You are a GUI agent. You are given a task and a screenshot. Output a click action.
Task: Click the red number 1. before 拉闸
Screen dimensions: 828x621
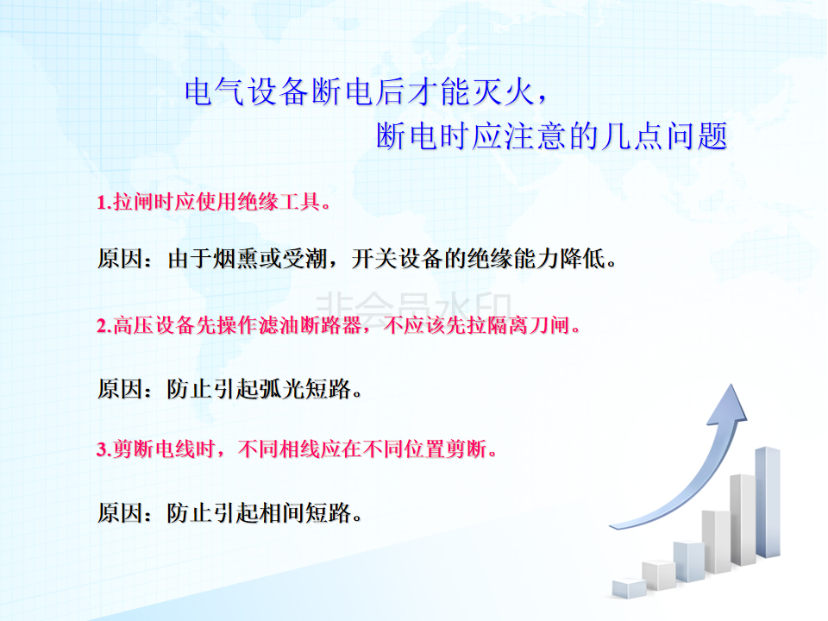click(104, 202)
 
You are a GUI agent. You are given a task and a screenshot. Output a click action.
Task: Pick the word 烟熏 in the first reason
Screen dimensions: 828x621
click(236, 259)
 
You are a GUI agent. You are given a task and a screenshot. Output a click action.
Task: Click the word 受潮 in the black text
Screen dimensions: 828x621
click(304, 259)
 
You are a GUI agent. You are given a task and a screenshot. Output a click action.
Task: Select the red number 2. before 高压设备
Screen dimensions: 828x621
click(104, 326)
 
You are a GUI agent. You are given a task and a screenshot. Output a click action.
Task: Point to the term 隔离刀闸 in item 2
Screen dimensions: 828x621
click(529, 325)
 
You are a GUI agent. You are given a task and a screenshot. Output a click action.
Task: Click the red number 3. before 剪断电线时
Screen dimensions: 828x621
click(104, 449)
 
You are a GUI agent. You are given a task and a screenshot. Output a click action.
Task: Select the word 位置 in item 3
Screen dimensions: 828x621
click(424, 448)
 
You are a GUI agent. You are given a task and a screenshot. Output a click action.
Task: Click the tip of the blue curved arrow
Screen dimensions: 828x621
click(731, 385)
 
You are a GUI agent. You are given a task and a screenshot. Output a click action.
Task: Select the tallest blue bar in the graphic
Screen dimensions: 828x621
click(768, 502)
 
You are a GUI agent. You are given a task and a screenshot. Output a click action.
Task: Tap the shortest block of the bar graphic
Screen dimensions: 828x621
click(629, 587)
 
